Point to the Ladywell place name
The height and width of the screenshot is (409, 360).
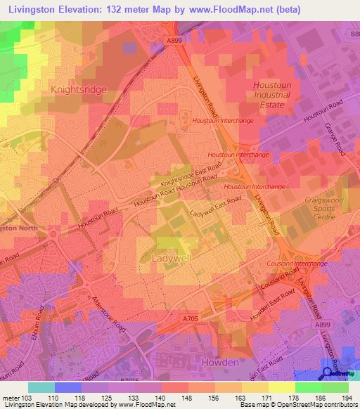172,259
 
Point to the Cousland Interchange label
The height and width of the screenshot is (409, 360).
297,264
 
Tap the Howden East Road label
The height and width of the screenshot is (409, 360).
269,300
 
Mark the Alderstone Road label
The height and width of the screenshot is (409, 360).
108,314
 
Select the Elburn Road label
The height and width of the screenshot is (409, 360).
41,320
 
